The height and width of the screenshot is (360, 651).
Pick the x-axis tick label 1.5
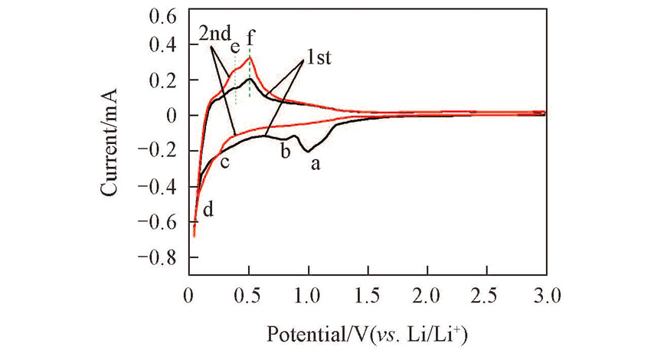pyautogui.click(x=368, y=294)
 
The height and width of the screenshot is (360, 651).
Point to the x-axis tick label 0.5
pyautogui.click(x=249, y=294)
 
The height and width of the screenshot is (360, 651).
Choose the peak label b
pyautogui.click(x=285, y=151)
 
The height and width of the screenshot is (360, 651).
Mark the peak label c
pyautogui.click(x=225, y=162)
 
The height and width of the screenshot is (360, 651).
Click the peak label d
pyautogui.click(x=207, y=209)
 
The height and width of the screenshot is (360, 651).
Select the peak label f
pyautogui.click(x=250, y=35)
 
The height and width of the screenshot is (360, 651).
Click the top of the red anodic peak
pyautogui.click(x=249, y=57)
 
